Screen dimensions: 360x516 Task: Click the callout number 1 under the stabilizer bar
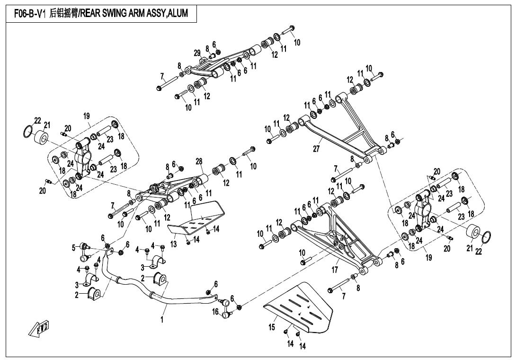pos(161,320)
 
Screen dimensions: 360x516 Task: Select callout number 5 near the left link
pos(73,247)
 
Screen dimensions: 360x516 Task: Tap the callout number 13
pos(174,244)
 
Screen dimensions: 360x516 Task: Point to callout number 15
pos(272,327)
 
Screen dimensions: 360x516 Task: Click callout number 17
pos(335,270)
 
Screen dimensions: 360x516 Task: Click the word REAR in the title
pos(95,13)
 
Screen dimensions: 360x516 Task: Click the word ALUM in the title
pos(178,13)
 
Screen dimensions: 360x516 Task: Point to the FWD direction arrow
pos(41,328)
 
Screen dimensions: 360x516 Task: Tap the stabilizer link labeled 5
pos(85,251)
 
